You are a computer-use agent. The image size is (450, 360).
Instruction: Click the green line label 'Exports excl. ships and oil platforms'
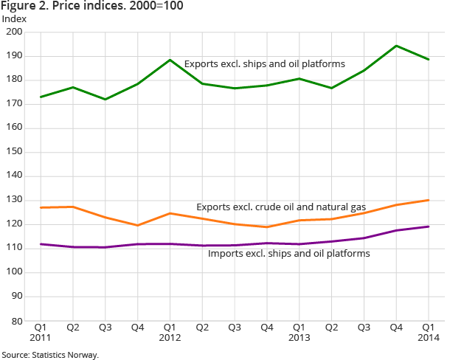point(264,64)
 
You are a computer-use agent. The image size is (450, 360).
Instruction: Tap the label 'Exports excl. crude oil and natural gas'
point(281,207)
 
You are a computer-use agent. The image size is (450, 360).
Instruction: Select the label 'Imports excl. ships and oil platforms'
point(288,253)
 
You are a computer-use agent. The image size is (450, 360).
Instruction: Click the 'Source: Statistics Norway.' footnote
point(50,354)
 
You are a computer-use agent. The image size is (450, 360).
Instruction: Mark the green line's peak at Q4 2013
point(397,46)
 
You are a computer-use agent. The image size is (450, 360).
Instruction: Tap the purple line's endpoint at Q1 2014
point(429,226)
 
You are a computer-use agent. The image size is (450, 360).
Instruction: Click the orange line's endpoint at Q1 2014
point(429,200)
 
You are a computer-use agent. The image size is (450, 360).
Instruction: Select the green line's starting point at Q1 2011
point(41,97)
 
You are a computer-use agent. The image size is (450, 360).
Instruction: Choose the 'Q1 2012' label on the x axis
point(170,332)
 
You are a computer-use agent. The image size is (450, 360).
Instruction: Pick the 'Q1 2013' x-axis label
point(299,332)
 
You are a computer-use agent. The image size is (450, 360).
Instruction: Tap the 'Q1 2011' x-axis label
point(41,332)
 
